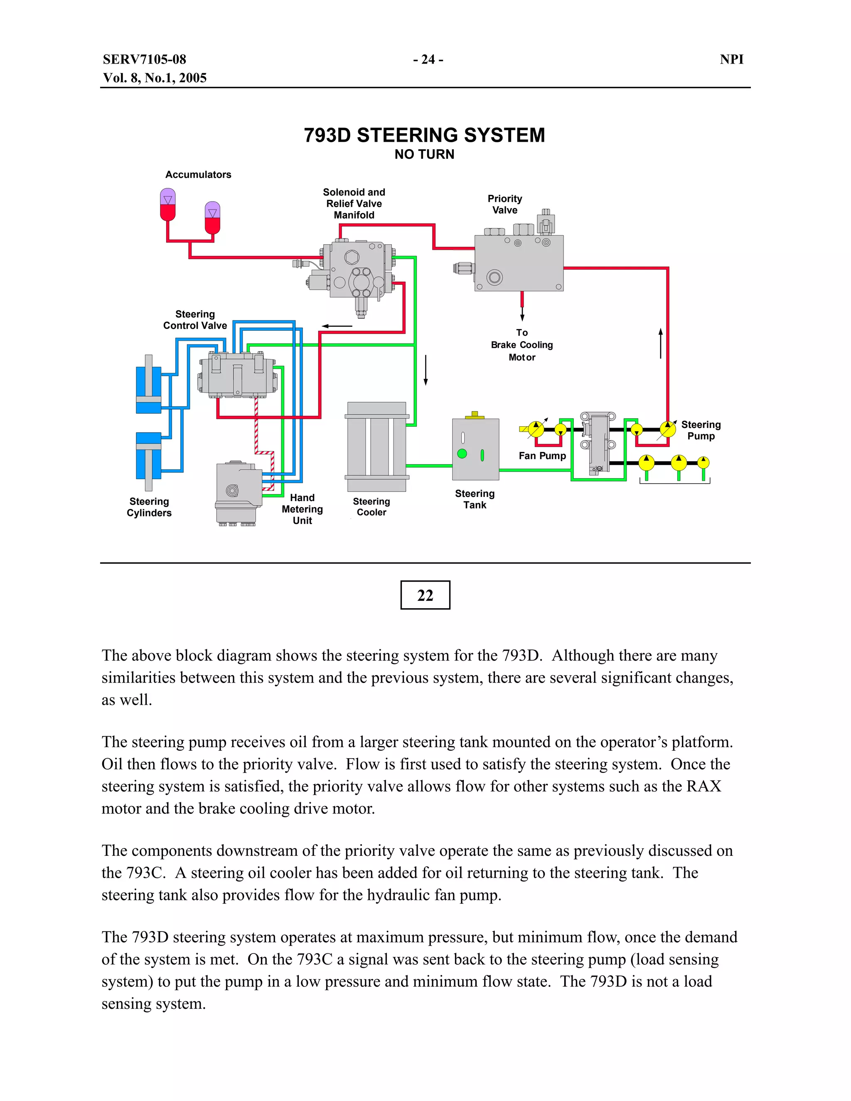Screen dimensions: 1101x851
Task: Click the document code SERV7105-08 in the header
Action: (144, 59)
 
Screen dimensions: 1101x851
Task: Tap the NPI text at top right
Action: (731, 59)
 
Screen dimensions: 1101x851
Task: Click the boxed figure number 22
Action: (425, 595)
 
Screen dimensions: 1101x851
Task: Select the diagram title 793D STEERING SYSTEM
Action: (425, 135)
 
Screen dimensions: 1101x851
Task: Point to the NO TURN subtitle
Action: (425, 154)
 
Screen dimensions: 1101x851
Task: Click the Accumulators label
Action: (198, 174)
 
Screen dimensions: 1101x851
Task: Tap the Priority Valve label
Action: (504, 204)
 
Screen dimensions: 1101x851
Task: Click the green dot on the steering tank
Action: (462, 454)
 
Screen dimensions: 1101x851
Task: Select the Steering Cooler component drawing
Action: (376, 447)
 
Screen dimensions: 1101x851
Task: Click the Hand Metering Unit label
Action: (302, 509)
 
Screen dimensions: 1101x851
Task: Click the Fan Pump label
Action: (542, 456)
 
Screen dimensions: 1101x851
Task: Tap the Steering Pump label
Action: (701, 430)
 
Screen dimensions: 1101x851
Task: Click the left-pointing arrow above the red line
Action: (337, 326)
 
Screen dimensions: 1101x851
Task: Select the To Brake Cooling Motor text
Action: (522, 345)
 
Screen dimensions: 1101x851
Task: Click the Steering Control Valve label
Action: (195, 319)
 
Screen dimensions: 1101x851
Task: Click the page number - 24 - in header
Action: (428, 59)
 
